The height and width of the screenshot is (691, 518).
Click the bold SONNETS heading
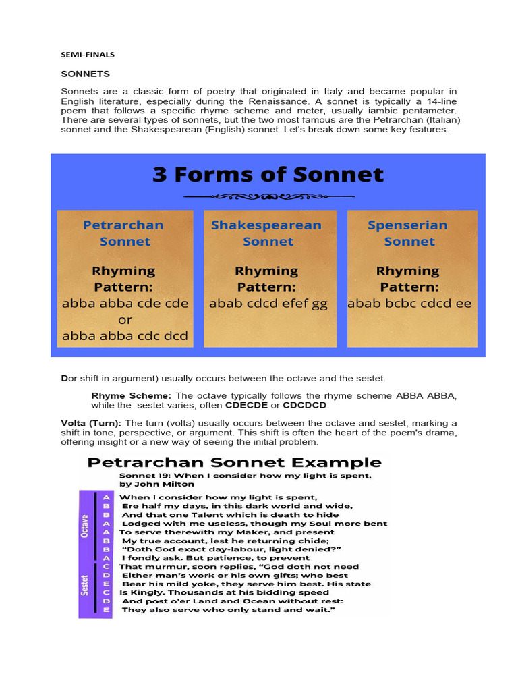click(x=86, y=74)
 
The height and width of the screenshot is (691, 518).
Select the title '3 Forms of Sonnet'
click(x=268, y=175)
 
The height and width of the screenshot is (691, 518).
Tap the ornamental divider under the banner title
click(x=268, y=196)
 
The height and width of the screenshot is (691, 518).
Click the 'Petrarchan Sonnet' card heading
click(x=124, y=233)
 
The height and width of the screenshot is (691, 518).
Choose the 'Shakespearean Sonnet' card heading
click(x=267, y=233)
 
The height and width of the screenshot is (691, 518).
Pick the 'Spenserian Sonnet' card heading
click(x=408, y=233)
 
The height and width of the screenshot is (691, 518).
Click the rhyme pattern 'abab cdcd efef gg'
click(x=268, y=304)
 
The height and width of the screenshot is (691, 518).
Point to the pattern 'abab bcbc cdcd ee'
click(x=409, y=304)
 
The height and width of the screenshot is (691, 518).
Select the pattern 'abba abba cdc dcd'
click(x=125, y=335)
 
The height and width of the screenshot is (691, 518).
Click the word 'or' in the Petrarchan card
click(x=125, y=320)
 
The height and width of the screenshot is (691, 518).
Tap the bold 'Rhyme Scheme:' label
click(x=132, y=395)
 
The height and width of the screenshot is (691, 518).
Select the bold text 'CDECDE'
click(x=246, y=405)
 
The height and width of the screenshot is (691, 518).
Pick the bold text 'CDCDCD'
click(x=305, y=405)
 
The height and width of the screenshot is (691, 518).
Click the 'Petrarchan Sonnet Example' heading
click(x=234, y=462)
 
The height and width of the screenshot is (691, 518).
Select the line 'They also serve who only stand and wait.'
click(x=229, y=610)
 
